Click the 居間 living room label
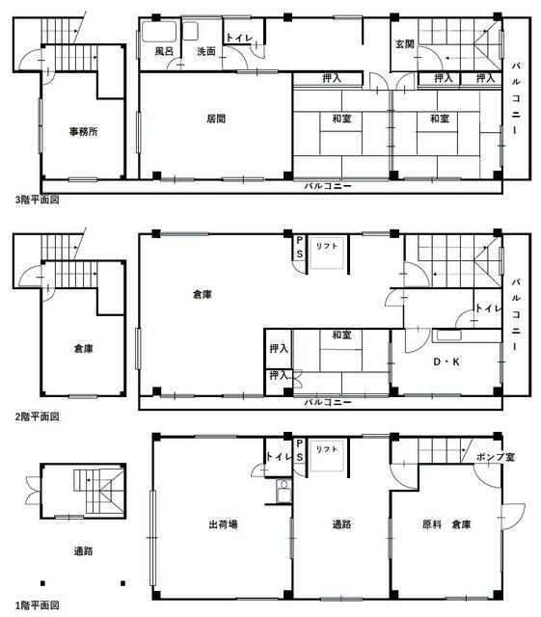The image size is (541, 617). tap(216, 119)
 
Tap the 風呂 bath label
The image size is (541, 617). tap(164, 51)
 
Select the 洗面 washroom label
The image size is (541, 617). tap(206, 51)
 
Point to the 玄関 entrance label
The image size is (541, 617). tap(404, 44)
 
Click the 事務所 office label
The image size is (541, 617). tap(84, 131)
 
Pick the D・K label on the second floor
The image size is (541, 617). tap(446, 362)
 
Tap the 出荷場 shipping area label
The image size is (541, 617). tap(224, 524)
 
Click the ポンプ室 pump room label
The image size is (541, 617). tap(496, 457)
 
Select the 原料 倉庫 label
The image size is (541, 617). tap(446, 524)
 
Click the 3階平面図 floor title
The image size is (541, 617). tap(38, 200)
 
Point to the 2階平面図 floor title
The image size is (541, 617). tap(38, 416)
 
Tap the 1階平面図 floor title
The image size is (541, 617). tap(38, 605)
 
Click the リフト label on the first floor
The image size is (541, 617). tap(327, 449)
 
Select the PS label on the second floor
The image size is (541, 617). tap(300, 247)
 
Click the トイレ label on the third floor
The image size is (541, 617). tap(239, 38)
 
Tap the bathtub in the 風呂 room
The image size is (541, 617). tap(159, 32)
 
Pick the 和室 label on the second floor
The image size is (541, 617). tap(341, 335)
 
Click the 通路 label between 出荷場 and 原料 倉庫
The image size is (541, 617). tap(341, 524)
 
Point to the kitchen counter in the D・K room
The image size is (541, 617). tap(447, 335)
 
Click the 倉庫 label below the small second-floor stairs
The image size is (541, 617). tap(84, 349)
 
